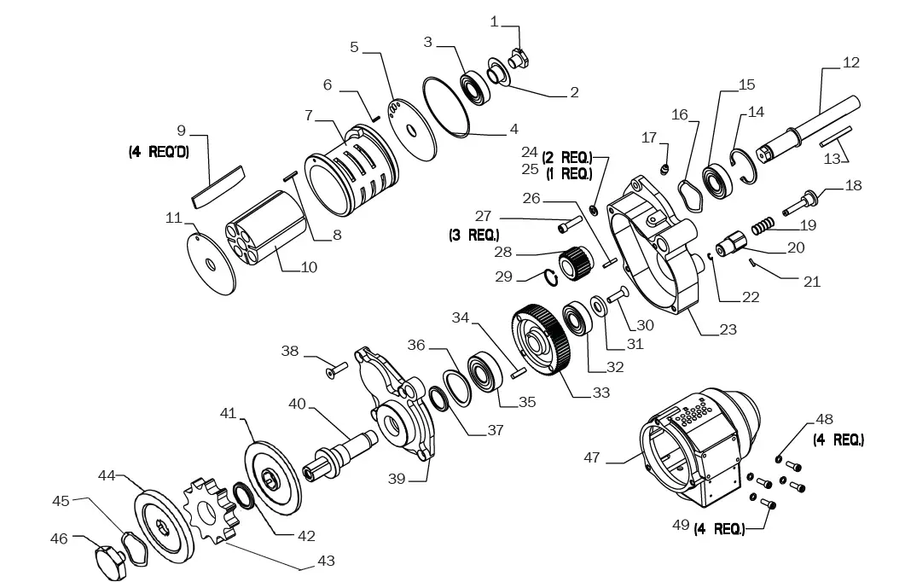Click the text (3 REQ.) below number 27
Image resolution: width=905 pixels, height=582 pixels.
pos(473,234)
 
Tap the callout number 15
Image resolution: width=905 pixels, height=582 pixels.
pos(746,84)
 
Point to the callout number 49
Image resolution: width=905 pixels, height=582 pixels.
pos(679,524)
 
